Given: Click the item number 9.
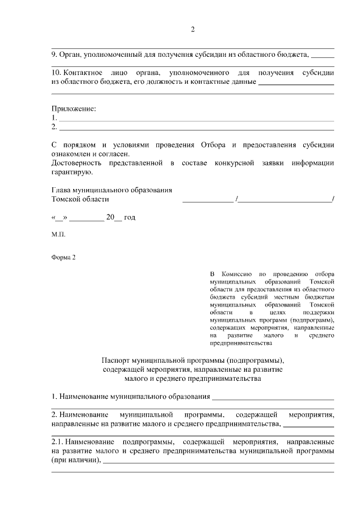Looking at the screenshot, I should click(54, 55).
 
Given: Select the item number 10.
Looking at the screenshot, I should click(56, 73).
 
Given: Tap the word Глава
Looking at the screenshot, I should click(62, 190).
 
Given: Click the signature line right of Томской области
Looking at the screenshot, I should click(207, 200).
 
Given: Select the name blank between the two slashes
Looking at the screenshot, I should click(285, 200).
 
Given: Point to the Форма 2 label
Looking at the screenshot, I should click(62, 258).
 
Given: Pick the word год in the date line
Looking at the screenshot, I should click(129, 217).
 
